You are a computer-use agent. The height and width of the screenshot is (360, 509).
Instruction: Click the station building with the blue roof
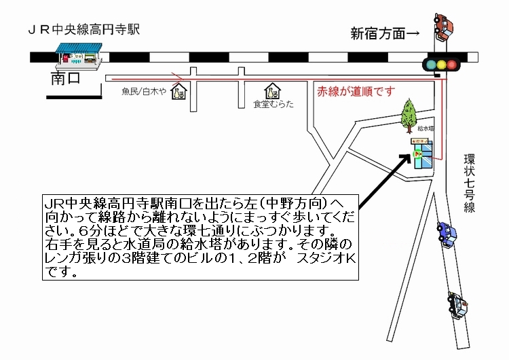point(78,54)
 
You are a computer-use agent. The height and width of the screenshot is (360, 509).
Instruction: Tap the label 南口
point(65,79)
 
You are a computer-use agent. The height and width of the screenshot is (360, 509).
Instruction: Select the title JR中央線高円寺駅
point(83,31)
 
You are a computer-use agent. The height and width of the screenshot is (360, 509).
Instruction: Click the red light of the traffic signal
point(429,65)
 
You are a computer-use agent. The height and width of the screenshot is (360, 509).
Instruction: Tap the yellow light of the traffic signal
point(441,65)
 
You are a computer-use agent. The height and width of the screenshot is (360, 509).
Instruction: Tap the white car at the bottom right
point(458,304)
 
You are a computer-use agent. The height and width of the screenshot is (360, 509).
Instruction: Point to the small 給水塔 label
point(426,128)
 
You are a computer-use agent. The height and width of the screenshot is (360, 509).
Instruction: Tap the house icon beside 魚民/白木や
point(181,90)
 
